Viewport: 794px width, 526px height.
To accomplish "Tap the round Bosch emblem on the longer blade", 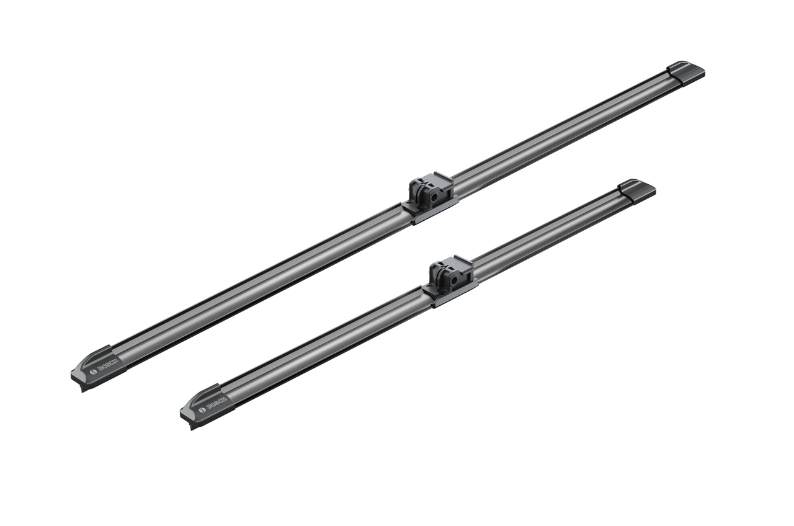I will (x=93, y=372).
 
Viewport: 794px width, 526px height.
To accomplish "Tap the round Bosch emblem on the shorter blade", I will (x=202, y=410).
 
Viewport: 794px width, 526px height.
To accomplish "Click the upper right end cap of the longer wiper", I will (x=685, y=72).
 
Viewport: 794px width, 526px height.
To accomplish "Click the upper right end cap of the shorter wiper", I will (x=637, y=190).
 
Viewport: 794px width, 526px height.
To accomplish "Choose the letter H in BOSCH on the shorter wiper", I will (x=225, y=399).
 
